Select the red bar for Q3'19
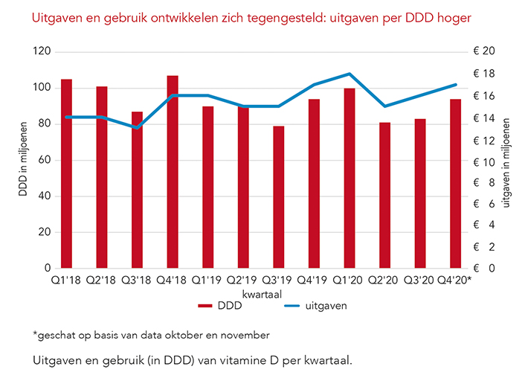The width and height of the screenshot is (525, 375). click(x=279, y=197)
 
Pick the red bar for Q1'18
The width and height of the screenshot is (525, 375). click(x=66, y=173)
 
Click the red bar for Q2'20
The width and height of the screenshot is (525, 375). click(x=384, y=195)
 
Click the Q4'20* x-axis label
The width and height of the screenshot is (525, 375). click(x=456, y=281)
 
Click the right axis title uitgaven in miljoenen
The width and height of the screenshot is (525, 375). click(x=506, y=160)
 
